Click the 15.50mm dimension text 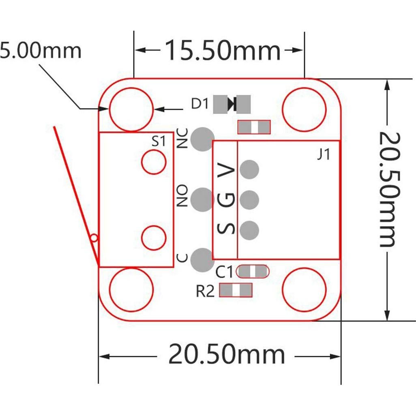222,51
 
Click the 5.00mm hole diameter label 41,51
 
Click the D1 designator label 199,104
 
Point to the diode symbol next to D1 232,104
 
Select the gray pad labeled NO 202,199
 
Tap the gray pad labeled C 202,260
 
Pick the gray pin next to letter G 249,199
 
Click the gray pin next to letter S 249,230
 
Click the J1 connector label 323,155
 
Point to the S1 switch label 159,142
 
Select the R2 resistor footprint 236,290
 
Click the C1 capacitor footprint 253,271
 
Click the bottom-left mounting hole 131,289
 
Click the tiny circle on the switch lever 94,238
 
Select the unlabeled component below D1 254,127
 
